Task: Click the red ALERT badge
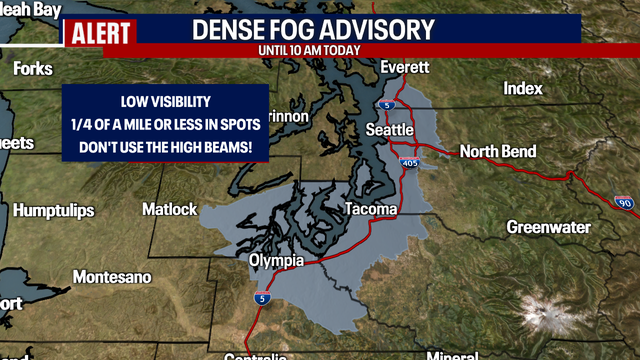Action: [x=100, y=32]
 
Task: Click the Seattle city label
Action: [x=389, y=130]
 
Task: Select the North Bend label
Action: [x=497, y=152]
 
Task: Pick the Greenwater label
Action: [x=548, y=227]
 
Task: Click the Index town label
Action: [x=523, y=89]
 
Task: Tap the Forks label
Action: [x=34, y=69]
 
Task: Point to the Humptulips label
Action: [x=55, y=210]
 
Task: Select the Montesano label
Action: [x=112, y=275]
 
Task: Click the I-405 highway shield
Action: [x=412, y=134]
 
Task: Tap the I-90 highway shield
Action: [x=624, y=202]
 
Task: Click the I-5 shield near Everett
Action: [x=389, y=104]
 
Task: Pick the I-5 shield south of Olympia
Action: [x=261, y=298]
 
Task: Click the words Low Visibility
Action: [x=166, y=101]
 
